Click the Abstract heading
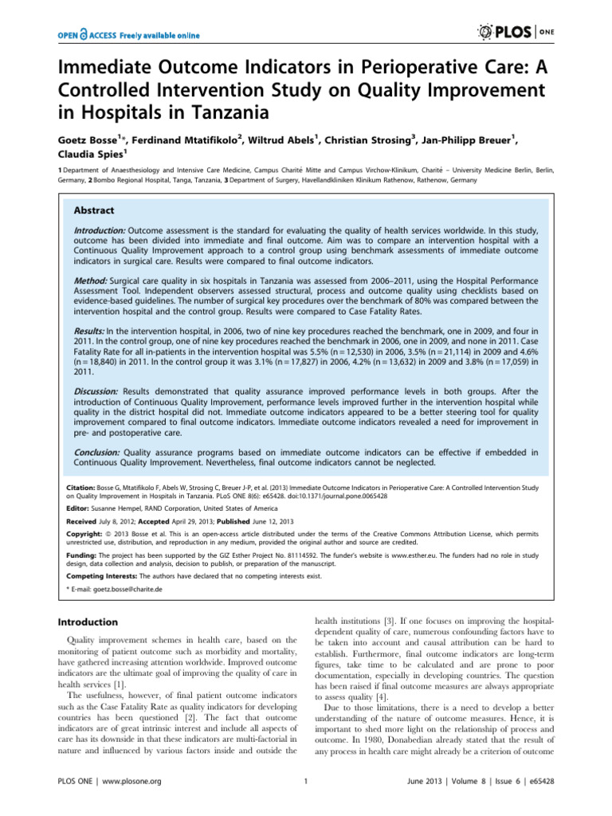click(x=94, y=211)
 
